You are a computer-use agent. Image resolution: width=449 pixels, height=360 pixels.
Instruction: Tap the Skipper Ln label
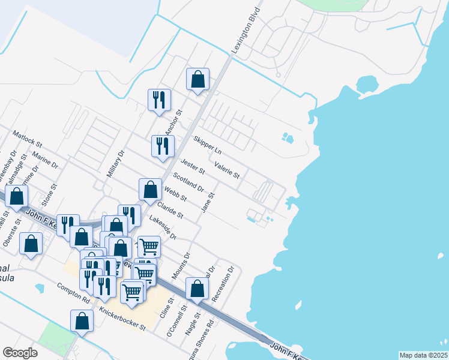coord(208,145)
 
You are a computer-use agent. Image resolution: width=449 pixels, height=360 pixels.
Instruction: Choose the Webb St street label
coord(176,194)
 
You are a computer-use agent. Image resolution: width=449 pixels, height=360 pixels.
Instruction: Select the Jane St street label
coord(208,202)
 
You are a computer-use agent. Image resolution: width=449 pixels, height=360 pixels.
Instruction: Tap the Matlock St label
coord(27,140)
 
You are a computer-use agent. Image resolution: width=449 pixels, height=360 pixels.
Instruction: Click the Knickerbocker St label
coord(122,320)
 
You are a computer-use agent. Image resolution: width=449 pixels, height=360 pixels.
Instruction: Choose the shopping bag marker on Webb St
coord(150,191)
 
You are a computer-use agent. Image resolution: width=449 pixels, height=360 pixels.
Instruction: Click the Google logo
coord(20,353)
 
